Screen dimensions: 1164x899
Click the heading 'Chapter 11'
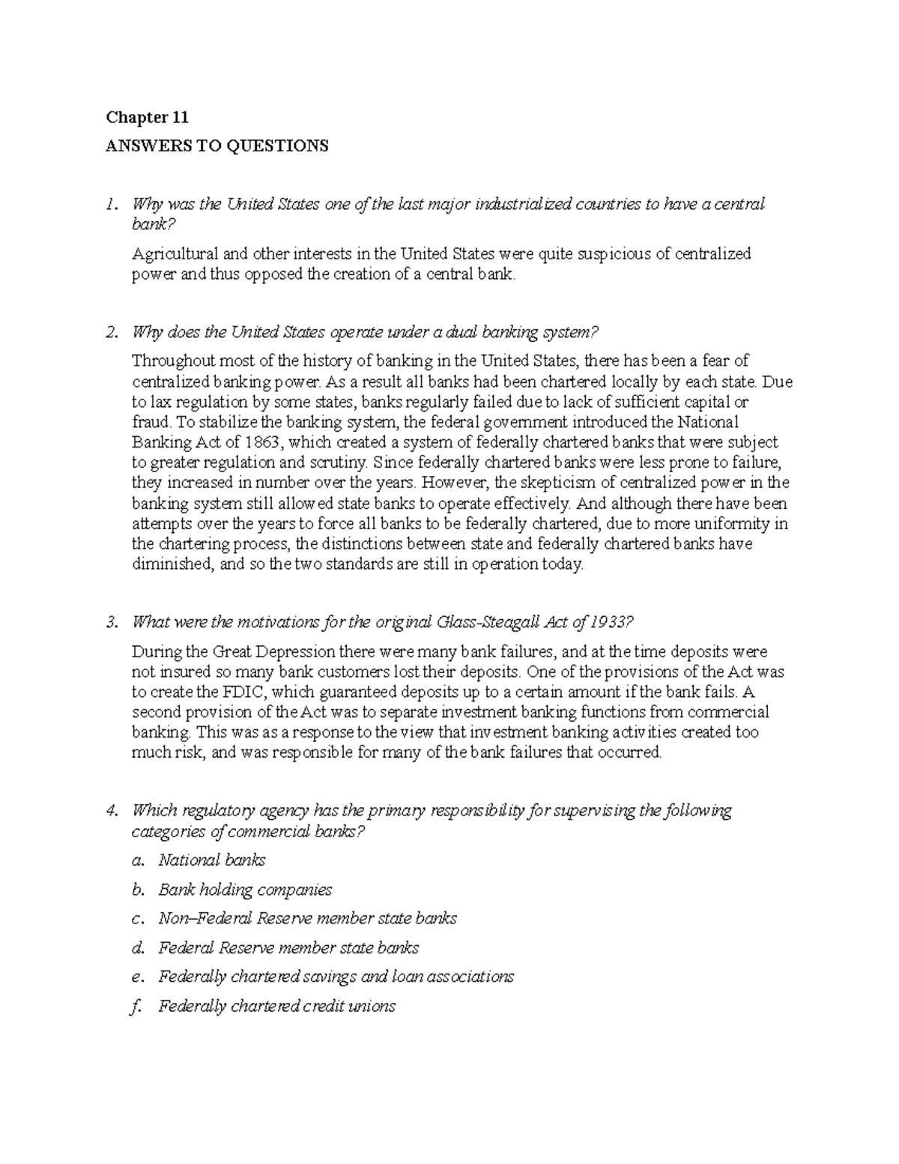click(x=147, y=118)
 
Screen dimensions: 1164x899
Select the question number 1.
click(x=111, y=204)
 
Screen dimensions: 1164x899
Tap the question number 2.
click(x=111, y=331)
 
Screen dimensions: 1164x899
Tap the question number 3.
click(x=111, y=622)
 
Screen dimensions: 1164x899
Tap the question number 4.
click(x=111, y=810)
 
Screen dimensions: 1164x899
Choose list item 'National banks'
click(x=211, y=860)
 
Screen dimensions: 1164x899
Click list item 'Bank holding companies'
click(x=245, y=890)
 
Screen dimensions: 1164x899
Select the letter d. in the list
click(x=137, y=948)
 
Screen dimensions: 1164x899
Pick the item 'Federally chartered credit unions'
click(x=276, y=1007)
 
